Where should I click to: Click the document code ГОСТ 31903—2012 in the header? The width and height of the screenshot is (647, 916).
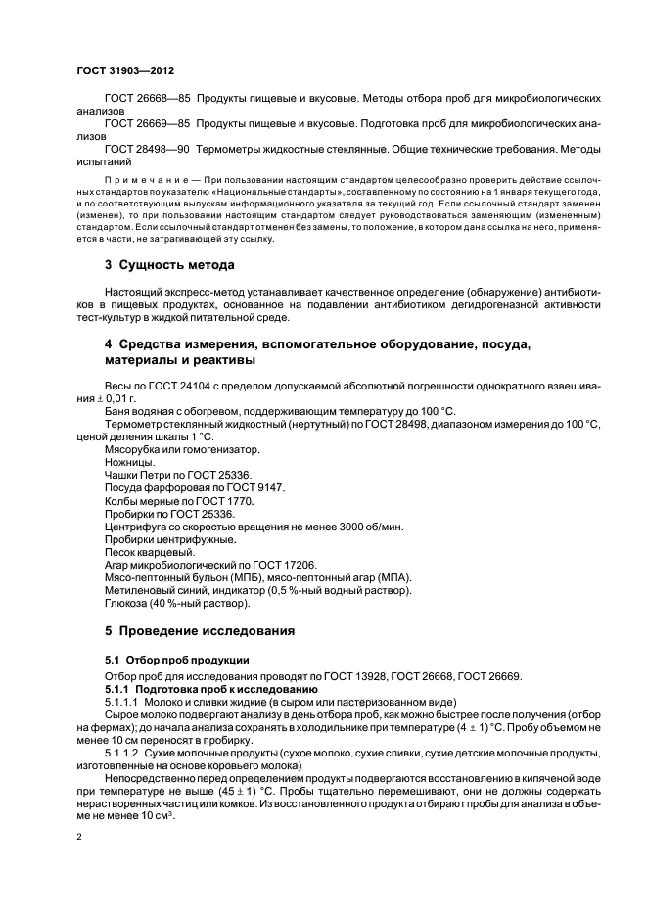[x=125, y=70]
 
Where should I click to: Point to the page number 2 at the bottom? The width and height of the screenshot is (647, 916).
[x=80, y=838]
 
